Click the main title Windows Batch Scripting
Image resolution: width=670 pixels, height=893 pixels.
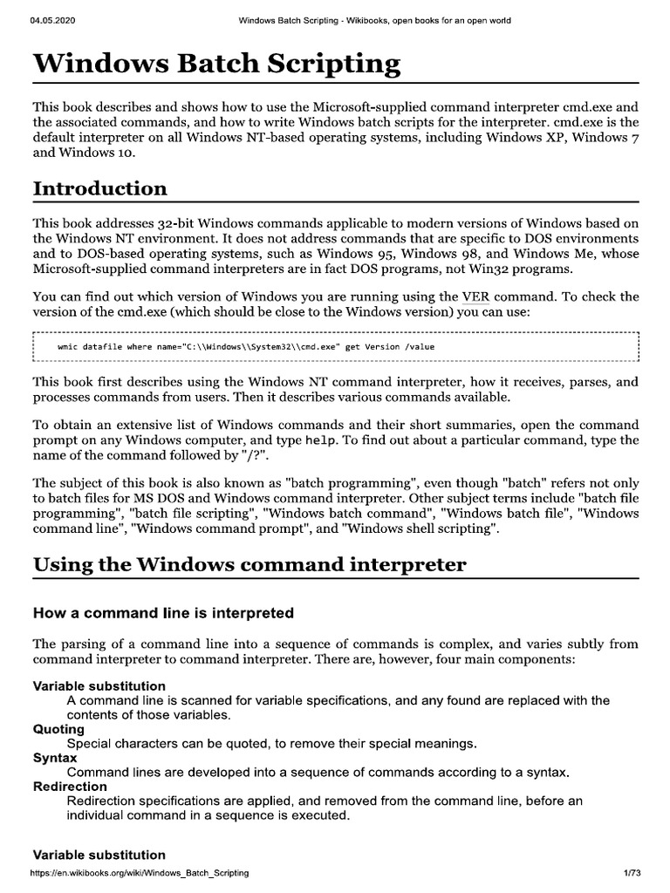(x=216, y=65)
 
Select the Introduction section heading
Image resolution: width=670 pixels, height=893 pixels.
(x=100, y=188)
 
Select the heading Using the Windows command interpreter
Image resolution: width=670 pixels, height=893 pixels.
(x=250, y=564)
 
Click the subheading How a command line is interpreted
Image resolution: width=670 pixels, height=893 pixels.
(x=163, y=613)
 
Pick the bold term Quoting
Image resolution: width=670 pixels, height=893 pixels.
(x=58, y=729)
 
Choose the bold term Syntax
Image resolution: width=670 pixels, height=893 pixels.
(x=55, y=759)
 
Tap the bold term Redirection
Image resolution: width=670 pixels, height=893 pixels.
(x=70, y=787)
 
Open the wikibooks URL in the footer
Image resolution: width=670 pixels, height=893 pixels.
(x=140, y=873)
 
